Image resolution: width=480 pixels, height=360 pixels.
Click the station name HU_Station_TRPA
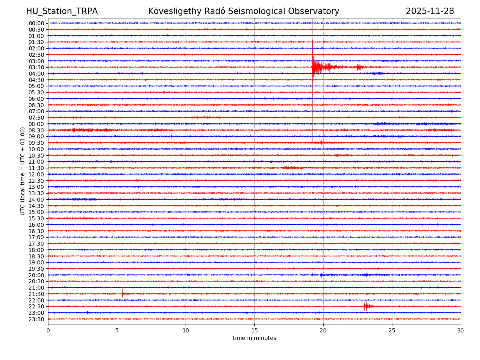(62, 12)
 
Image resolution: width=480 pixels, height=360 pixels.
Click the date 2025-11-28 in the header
(430, 12)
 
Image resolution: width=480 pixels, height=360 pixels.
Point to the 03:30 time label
(36, 67)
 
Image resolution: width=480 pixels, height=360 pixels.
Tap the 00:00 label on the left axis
(36, 23)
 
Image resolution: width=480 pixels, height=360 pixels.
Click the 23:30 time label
(36, 319)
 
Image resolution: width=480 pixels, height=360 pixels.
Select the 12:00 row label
(36, 174)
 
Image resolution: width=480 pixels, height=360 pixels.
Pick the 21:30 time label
(36, 294)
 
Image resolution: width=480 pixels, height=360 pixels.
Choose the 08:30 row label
(36, 130)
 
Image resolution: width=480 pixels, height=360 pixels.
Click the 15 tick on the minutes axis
(254, 331)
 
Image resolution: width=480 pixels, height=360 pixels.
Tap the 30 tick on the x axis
(460, 331)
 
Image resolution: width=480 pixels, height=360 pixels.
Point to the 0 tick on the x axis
(48, 331)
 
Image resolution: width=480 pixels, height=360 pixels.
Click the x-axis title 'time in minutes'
(254, 338)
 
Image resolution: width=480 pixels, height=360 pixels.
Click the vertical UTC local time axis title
(23, 171)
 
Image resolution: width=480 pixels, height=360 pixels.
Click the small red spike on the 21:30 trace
(122, 294)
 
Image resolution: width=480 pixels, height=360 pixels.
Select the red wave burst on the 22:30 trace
(366, 306)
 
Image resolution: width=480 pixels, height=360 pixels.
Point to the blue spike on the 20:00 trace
(312, 275)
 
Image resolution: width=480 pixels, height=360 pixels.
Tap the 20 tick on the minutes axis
(323, 331)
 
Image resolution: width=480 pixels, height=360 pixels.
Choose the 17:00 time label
(36, 237)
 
